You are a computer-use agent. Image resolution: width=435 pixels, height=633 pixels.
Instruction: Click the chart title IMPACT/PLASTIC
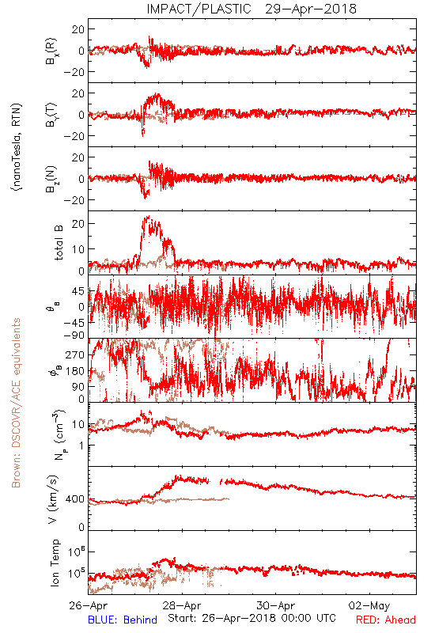[199, 9]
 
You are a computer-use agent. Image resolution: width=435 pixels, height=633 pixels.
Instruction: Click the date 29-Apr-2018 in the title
[311, 9]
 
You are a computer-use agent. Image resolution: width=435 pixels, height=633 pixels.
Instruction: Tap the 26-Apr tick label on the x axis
[89, 605]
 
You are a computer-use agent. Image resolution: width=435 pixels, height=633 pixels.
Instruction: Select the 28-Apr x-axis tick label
[182, 605]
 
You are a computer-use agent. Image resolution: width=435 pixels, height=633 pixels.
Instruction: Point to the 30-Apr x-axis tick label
[276, 605]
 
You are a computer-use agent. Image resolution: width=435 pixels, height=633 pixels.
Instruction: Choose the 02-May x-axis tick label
[369, 605]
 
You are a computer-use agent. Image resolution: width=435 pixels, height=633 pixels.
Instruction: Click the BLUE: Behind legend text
[123, 620]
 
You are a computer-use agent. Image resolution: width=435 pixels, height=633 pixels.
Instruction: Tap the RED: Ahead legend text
[386, 620]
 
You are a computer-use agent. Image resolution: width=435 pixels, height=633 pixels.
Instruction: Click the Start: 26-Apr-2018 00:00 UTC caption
[252, 618]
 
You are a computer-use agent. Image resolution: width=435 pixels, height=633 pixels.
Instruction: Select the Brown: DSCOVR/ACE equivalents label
[16, 403]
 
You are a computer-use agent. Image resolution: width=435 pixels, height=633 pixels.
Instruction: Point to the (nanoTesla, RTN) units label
[17, 146]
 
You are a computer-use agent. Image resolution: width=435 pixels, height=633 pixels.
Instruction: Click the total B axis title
[59, 243]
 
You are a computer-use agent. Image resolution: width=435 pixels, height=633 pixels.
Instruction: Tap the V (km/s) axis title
[53, 499]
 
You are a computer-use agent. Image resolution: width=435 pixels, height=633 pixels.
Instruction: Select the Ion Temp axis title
[55, 563]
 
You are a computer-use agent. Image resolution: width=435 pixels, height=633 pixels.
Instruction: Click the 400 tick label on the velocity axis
[75, 499]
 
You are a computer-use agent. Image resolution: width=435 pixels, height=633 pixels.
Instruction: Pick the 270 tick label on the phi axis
[75, 354]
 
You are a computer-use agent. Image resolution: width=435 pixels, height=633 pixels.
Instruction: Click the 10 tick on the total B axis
[78, 249]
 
